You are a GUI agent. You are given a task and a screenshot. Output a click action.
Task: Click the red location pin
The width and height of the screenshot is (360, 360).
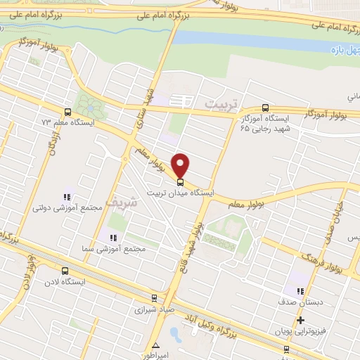[x=181, y=165]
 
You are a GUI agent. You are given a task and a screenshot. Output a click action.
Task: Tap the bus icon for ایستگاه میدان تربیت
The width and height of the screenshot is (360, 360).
[x=181, y=181]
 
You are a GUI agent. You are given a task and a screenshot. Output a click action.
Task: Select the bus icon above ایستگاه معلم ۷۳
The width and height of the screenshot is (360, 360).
[x=67, y=111]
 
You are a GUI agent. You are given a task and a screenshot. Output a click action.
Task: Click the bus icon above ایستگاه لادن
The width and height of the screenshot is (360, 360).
[x=65, y=271]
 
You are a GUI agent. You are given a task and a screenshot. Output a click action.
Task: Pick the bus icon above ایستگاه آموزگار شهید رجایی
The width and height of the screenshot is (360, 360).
[x=265, y=108]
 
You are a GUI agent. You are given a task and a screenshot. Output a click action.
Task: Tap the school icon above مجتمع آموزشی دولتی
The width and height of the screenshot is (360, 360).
[x=67, y=198]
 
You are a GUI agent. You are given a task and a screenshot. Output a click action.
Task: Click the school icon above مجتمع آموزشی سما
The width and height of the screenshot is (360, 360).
[x=110, y=238]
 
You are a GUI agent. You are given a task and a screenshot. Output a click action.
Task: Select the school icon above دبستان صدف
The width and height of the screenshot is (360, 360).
[x=300, y=292]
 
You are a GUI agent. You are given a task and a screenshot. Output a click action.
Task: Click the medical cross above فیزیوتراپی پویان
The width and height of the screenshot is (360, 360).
[x=300, y=320]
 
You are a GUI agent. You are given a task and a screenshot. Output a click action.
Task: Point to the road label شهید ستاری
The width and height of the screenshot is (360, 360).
[x=150, y=112]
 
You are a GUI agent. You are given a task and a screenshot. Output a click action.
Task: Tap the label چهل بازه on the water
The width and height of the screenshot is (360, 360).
[x=345, y=50]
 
